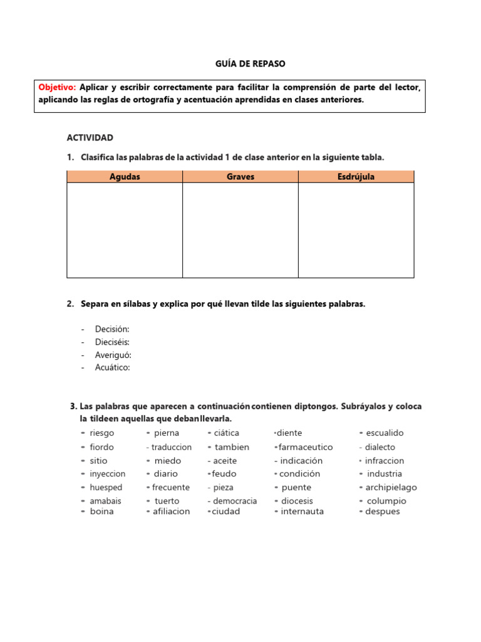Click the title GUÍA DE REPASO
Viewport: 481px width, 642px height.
[x=241, y=64]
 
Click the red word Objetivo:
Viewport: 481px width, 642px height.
[x=57, y=87]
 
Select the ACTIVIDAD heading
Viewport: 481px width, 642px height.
[x=90, y=137]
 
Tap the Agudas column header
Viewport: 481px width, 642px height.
[x=125, y=177]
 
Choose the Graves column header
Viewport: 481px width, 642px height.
[x=240, y=177]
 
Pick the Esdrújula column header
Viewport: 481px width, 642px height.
[x=356, y=177]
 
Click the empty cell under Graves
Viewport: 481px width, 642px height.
[x=240, y=230]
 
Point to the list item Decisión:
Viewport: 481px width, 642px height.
[x=112, y=329]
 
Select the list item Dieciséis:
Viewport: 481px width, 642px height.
[x=113, y=342]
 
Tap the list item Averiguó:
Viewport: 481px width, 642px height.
[x=113, y=355]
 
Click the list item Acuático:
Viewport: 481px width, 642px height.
[x=113, y=367]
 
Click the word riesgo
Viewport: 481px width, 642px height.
[x=102, y=433]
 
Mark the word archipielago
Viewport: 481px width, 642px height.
[x=391, y=488]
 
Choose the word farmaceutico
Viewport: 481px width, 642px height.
[x=306, y=448]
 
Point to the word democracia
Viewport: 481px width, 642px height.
[x=235, y=501]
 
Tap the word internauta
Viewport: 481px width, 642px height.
[x=303, y=512]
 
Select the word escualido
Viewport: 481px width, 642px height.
[x=385, y=433]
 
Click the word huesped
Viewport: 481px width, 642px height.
[x=106, y=488]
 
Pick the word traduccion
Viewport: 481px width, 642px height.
[x=172, y=448]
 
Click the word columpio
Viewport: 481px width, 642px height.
[x=386, y=501]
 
